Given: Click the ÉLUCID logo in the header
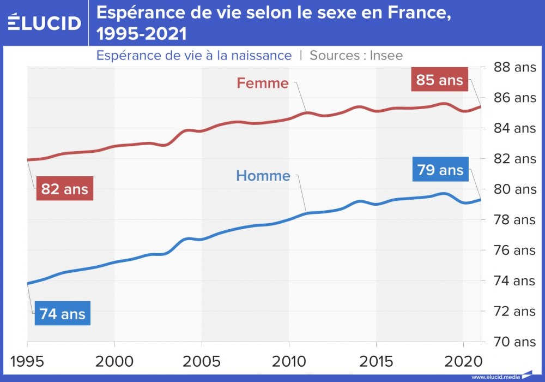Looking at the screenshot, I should (x=45, y=22).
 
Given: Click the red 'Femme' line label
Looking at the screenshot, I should (x=262, y=83).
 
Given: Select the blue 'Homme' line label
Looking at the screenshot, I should (x=263, y=176).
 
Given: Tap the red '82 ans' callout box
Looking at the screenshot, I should (x=64, y=189).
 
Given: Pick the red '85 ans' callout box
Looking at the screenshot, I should (x=439, y=80).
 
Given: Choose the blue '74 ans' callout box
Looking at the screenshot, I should (x=62, y=314).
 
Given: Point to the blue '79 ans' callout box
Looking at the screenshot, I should (x=440, y=170).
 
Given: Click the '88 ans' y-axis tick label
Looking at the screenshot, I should (x=514, y=68).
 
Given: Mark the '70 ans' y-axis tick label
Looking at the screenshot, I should (x=514, y=342).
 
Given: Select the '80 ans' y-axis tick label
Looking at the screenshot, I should (x=514, y=190).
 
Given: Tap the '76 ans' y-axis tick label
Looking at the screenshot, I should (x=514, y=250).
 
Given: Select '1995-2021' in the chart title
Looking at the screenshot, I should (x=141, y=34).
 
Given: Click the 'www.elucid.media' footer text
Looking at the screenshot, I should (x=495, y=377).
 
